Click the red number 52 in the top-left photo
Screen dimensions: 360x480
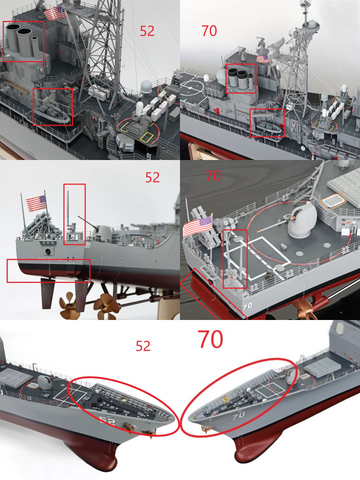(147, 31)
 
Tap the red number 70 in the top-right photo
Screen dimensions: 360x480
(209, 31)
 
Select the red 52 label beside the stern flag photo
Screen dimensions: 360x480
(152, 177)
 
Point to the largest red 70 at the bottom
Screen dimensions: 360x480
(211, 339)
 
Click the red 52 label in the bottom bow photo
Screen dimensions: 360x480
(143, 346)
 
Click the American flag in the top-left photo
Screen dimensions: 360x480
(55, 13)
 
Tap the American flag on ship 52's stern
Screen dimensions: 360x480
(36, 203)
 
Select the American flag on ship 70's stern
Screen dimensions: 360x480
(197, 226)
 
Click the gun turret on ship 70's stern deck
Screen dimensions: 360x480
(302, 219)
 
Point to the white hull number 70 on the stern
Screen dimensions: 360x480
(247, 305)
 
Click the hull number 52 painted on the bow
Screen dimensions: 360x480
(107, 423)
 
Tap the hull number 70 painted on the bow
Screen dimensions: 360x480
(238, 416)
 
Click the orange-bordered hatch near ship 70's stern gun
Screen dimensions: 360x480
(332, 202)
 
